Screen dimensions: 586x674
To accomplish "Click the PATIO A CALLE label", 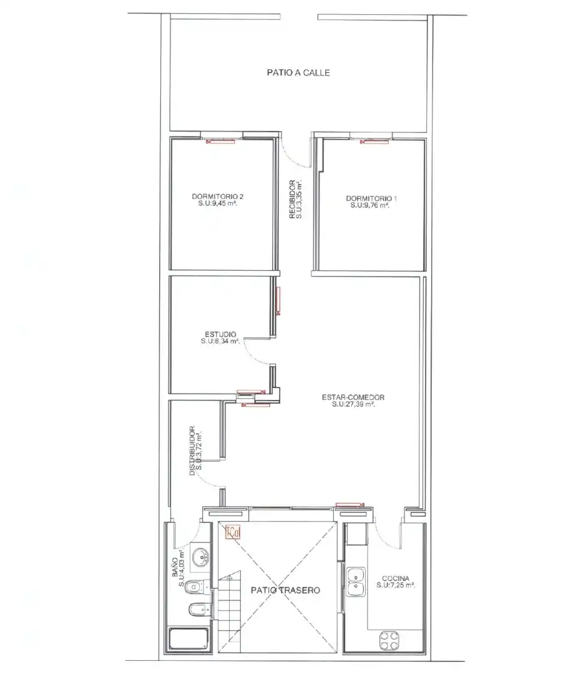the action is click(x=298, y=72).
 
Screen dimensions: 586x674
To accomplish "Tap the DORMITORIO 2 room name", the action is click(x=218, y=197).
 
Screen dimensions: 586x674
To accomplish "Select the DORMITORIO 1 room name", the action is click(x=371, y=198).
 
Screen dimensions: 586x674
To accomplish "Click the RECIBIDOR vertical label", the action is click(x=292, y=200).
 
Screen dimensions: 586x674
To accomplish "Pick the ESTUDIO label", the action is click(x=220, y=335).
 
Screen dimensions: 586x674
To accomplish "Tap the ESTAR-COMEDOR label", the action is click(x=353, y=398).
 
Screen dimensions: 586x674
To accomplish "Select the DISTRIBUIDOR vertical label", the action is click(x=192, y=451).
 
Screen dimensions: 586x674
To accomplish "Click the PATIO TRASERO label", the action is click(x=285, y=590).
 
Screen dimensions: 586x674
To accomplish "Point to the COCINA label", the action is click(x=396, y=579).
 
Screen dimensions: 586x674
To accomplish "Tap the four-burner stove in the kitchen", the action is click(x=389, y=640).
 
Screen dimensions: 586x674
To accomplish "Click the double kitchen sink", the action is click(x=356, y=582).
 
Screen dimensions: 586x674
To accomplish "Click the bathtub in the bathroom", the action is click(x=188, y=639).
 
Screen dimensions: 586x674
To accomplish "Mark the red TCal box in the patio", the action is click(x=233, y=532).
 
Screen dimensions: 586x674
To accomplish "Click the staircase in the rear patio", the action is click(x=229, y=612).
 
